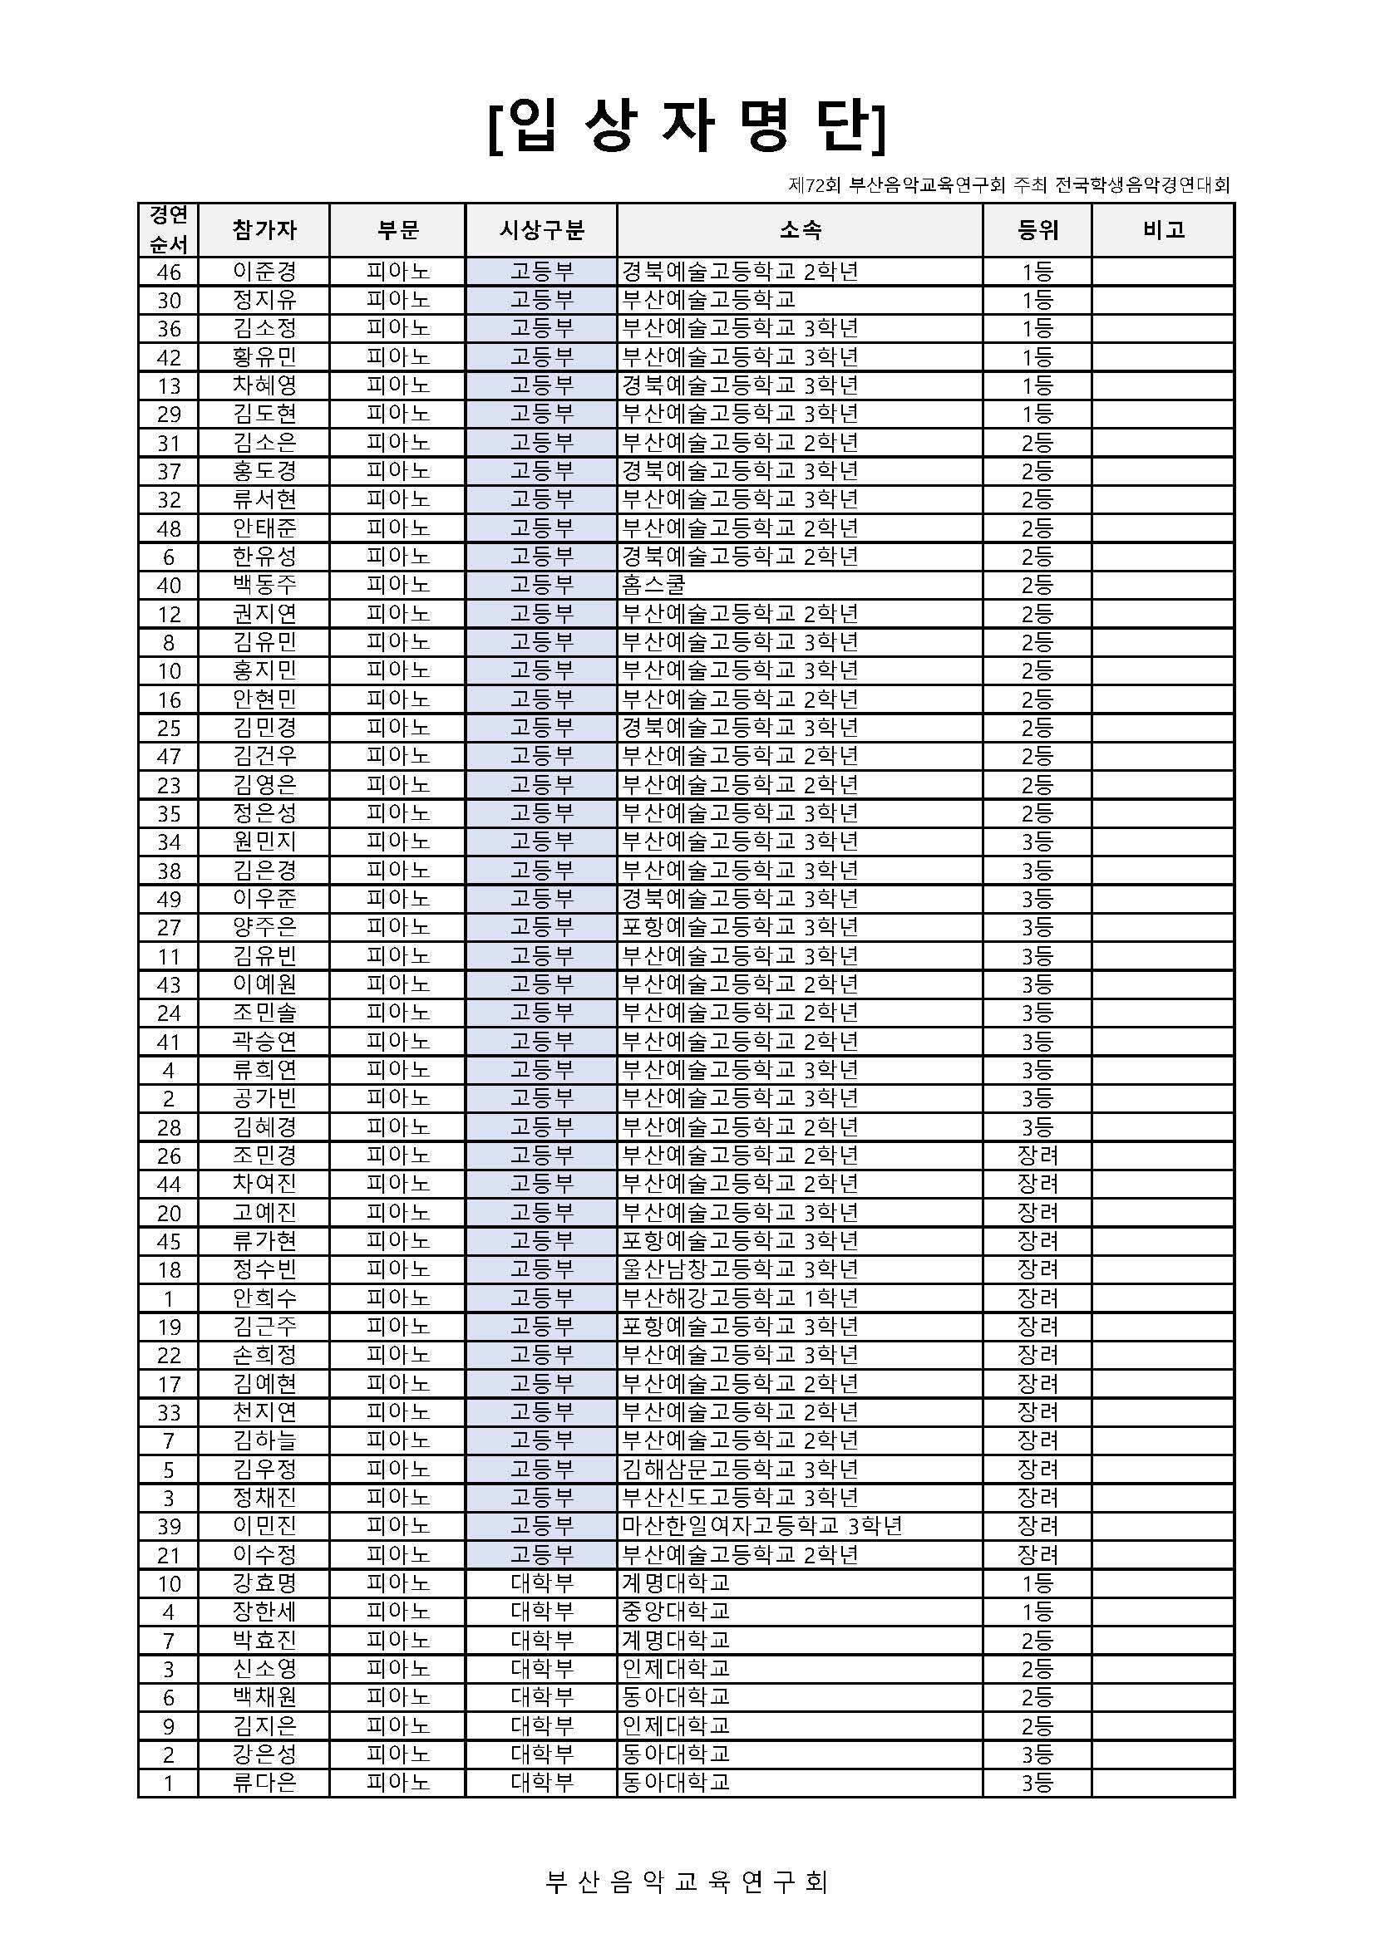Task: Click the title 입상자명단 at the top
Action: click(687, 130)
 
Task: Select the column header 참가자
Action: click(264, 229)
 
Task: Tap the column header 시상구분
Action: click(541, 229)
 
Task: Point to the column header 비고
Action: click(1162, 229)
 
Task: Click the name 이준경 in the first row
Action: click(264, 272)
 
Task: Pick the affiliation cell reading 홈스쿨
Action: click(653, 585)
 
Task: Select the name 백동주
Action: click(264, 585)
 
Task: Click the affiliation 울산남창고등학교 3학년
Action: click(740, 1268)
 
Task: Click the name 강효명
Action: click(264, 1582)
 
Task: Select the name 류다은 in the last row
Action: click(264, 1782)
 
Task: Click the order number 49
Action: click(169, 899)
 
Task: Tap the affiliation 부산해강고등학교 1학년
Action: click(740, 1298)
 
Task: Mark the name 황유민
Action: click(264, 357)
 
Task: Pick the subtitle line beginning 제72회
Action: click(1008, 184)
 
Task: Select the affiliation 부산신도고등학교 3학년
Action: click(740, 1497)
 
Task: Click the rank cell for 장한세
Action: click(1037, 1612)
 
